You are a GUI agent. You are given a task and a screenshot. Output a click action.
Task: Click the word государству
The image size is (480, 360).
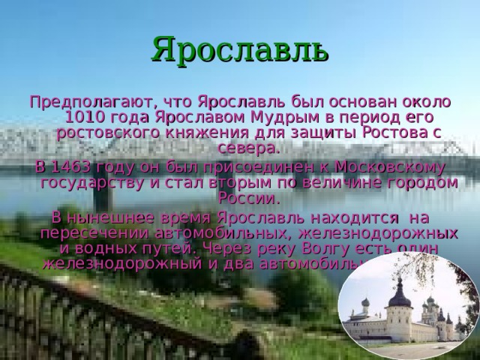tap(98, 182)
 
